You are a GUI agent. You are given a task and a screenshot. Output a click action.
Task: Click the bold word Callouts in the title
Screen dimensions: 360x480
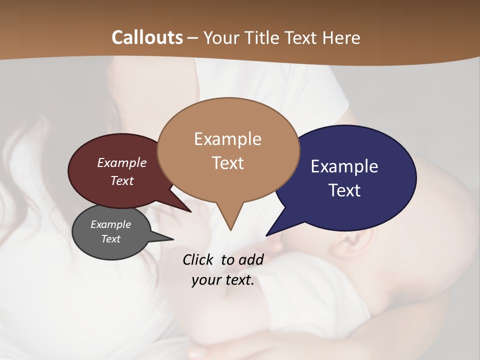point(147,37)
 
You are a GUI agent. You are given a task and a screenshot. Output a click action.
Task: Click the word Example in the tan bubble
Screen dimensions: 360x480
point(227,139)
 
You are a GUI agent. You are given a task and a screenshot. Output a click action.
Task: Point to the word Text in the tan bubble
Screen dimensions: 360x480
point(227,163)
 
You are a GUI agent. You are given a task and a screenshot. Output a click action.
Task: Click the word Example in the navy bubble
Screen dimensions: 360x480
point(344,166)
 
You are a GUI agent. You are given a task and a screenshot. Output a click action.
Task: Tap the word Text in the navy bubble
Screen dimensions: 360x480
point(345,190)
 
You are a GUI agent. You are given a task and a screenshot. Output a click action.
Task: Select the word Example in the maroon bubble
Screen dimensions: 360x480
point(122,163)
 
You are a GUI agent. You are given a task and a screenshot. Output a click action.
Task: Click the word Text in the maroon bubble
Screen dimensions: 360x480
point(122,180)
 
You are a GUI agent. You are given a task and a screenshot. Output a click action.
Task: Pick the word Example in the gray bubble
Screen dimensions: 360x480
point(110,224)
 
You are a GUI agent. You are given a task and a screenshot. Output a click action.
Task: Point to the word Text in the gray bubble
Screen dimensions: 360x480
point(110,239)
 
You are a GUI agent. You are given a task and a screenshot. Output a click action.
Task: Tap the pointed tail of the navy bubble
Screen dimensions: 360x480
point(270,232)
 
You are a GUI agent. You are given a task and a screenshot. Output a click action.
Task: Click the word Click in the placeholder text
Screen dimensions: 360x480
point(199,259)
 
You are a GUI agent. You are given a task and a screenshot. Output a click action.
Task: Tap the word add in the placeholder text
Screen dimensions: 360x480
point(251,259)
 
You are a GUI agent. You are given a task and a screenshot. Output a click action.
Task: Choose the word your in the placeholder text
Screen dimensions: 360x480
point(205,280)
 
